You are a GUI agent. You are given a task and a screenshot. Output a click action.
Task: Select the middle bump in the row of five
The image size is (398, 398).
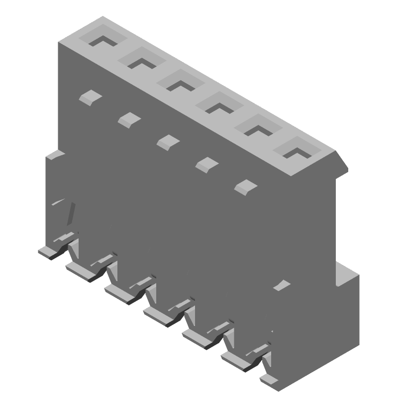168,141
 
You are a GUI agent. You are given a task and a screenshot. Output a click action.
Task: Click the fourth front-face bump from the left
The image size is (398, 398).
205,164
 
